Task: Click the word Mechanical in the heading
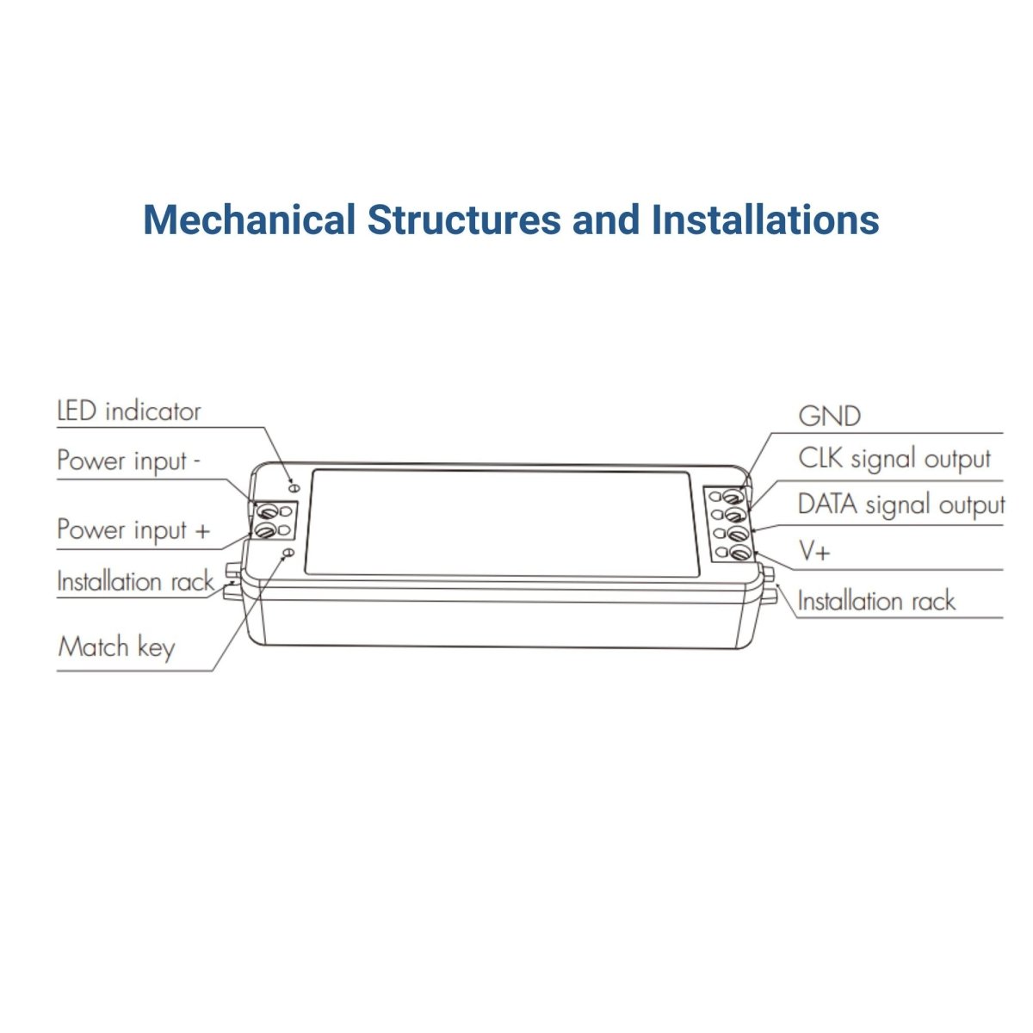(x=250, y=220)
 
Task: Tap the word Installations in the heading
(x=765, y=220)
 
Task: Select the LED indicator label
(x=129, y=411)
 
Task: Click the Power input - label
(x=128, y=461)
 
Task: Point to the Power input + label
(x=133, y=530)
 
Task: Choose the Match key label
(x=116, y=647)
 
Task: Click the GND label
(x=829, y=416)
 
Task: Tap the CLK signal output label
(x=894, y=460)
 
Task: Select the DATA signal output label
(x=901, y=505)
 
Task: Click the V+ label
(x=814, y=551)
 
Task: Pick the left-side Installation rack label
(x=135, y=582)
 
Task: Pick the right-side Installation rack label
(x=876, y=600)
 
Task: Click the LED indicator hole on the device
(x=294, y=488)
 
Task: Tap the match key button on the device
(x=288, y=552)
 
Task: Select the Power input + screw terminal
(x=264, y=530)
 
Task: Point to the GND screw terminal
(x=733, y=495)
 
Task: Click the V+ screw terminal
(x=739, y=552)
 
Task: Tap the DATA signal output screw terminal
(x=737, y=533)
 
